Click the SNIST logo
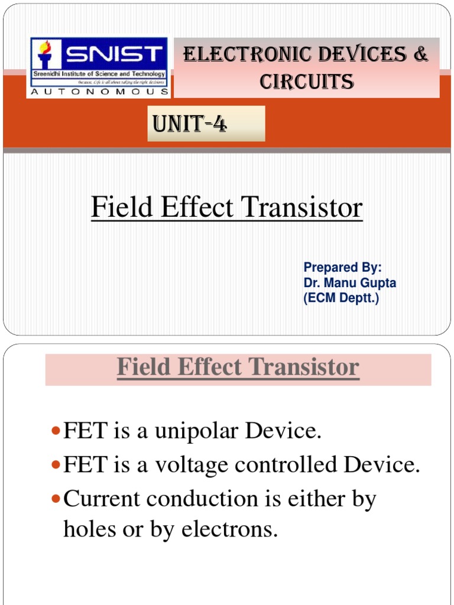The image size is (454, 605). [x=98, y=67]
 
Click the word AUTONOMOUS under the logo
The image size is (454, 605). [x=98, y=92]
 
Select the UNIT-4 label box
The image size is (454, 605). [x=206, y=123]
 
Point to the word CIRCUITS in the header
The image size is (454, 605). [x=306, y=82]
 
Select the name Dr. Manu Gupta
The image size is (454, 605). [x=350, y=283]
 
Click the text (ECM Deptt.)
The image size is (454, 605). [x=342, y=298]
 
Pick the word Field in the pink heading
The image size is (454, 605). [x=143, y=367]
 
